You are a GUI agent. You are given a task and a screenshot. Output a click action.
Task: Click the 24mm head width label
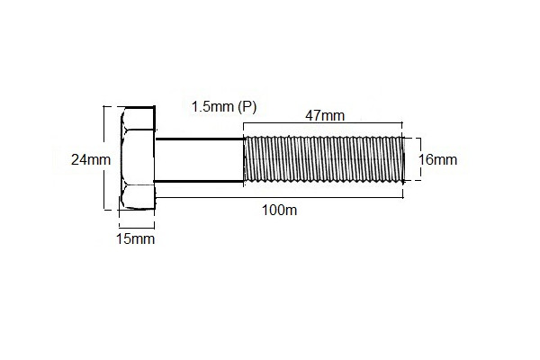pyautogui.click(x=90, y=160)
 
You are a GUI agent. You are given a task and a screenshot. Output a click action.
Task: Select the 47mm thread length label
pyautogui.click(x=324, y=116)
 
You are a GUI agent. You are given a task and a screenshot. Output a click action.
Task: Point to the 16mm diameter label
pyautogui.click(x=438, y=160)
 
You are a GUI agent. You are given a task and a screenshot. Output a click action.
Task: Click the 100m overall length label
pyautogui.click(x=279, y=210)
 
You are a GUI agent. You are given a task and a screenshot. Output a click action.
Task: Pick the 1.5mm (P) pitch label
pyautogui.click(x=224, y=106)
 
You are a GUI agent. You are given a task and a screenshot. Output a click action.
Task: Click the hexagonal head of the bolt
pyautogui.click(x=137, y=160)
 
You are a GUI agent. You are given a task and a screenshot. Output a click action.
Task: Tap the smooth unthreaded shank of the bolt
pyautogui.click(x=200, y=160)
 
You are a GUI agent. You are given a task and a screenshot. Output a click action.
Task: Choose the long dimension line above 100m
pyautogui.click(x=279, y=197)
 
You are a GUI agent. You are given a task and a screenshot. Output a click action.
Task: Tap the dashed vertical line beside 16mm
pyautogui.click(x=417, y=160)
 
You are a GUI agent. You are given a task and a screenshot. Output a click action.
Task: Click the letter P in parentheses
pyautogui.click(x=247, y=106)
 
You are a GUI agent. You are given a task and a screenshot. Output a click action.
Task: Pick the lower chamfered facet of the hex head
pyautogui.click(x=137, y=198)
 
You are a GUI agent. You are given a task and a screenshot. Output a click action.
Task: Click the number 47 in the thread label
pyautogui.click(x=314, y=116)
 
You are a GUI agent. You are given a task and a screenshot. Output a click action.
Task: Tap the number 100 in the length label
pyautogui.click(x=274, y=210)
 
